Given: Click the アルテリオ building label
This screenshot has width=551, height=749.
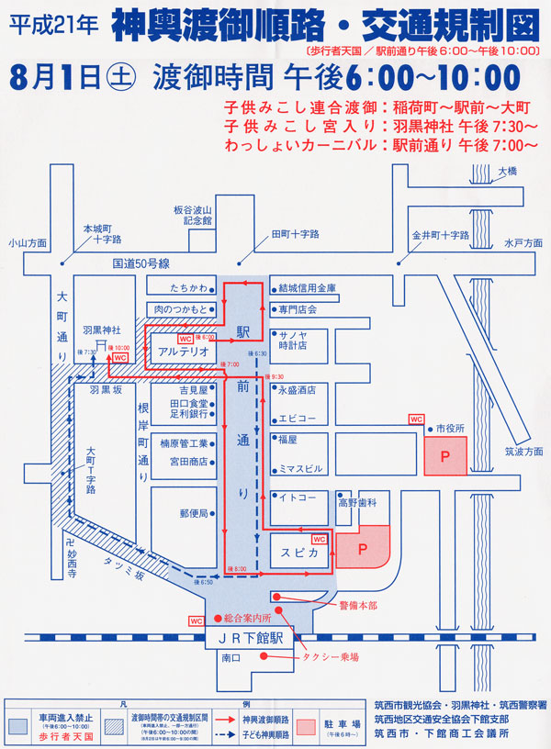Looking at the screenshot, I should pos(183,352).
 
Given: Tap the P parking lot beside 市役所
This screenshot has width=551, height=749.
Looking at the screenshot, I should pos(445,456).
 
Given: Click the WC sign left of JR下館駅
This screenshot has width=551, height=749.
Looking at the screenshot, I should pos(196,620).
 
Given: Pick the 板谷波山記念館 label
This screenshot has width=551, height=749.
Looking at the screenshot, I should pos(193,216).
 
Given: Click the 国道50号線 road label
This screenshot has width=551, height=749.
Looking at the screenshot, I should pos(141,263).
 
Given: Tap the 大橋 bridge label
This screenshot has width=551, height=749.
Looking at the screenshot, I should pos(508,171).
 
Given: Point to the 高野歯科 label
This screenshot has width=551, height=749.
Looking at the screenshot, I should pos(364,503).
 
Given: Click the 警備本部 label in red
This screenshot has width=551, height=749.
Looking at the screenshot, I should pos(357,605).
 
